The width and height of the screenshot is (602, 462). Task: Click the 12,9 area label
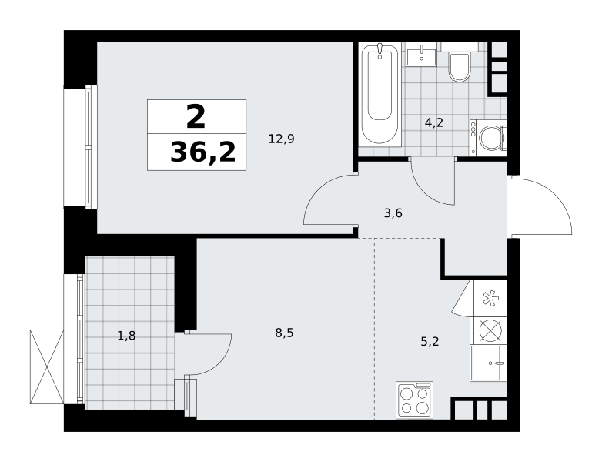[x=281, y=139]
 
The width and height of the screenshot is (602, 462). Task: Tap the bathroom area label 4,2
[x=434, y=122]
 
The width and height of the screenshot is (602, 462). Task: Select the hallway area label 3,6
[x=393, y=213]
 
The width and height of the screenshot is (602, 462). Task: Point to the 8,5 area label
[x=284, y=333]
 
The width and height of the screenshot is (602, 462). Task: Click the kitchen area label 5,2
[x=430, y=341]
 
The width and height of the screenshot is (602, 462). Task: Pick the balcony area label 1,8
[x=126, y=336]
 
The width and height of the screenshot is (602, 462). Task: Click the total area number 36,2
[x=202, y=152]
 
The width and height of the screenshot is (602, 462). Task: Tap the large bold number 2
[x=196, y=117]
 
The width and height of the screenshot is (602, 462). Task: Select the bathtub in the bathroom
[x=380, y=93]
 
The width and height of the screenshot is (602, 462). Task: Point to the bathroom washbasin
[x=421, y=54]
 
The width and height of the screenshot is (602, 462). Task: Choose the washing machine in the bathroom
[x=488, y=138]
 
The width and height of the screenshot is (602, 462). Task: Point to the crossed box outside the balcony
[x=46, y=367]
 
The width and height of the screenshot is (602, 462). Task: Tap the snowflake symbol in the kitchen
[x=490, y=299]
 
